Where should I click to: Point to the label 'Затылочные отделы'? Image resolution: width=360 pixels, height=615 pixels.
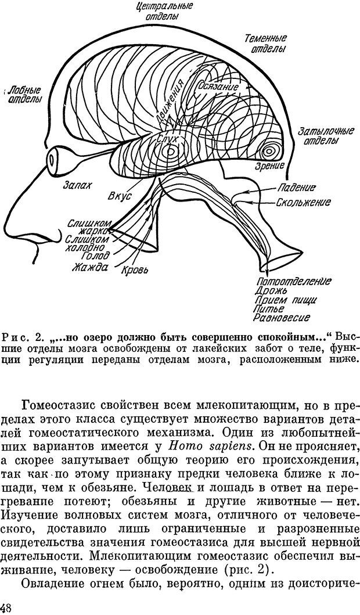(x=325, y=137)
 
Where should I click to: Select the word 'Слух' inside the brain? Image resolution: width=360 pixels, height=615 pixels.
(x=168, y=139)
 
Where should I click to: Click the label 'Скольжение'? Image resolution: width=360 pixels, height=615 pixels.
(x=303, y=202)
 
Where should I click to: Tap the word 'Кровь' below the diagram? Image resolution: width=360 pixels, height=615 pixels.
(x=135, y=270)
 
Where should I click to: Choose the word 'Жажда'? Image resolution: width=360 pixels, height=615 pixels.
(x=90, y=267)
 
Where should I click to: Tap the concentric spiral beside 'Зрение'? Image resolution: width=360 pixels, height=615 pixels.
(x=269, y=151)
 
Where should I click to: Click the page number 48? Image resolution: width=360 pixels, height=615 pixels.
(x=8, y=607)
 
